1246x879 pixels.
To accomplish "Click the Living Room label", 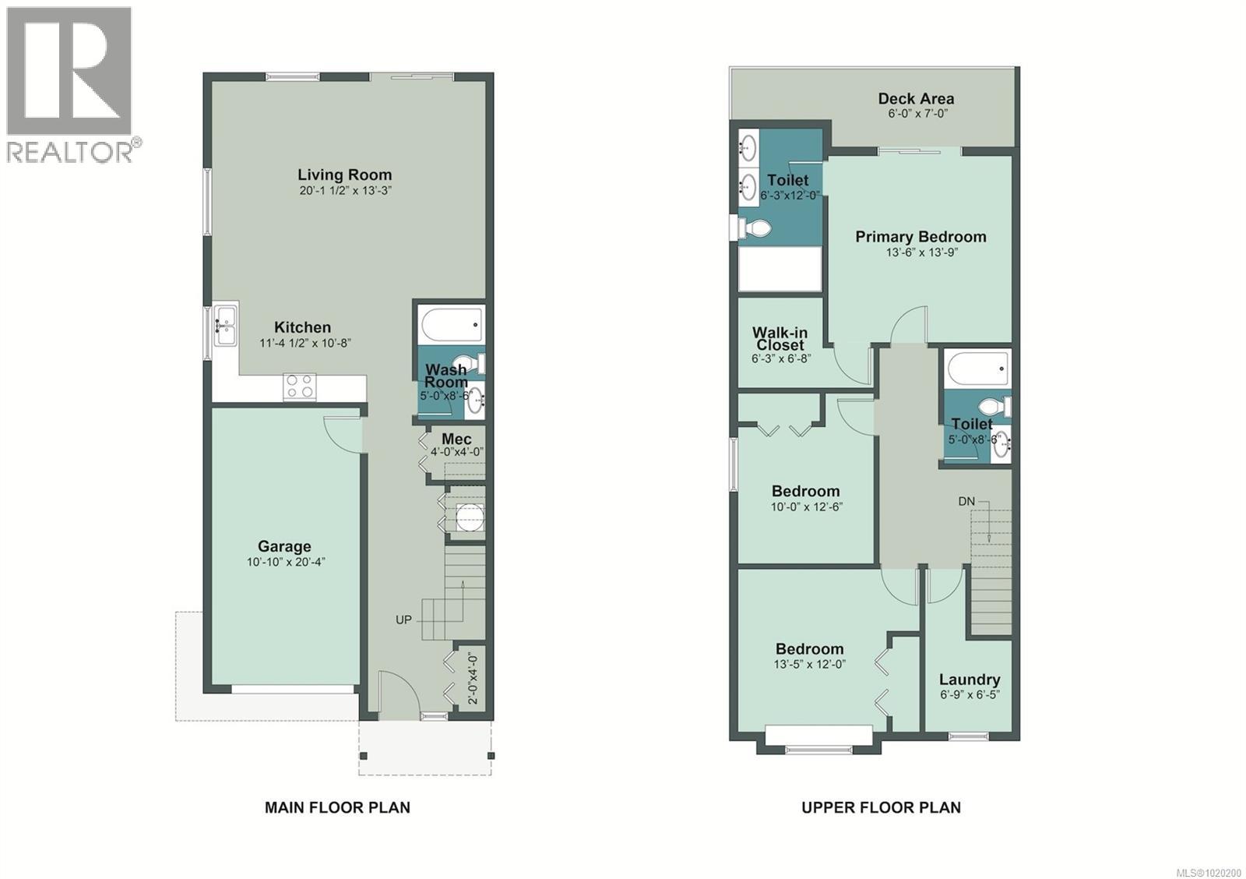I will click(344, 175).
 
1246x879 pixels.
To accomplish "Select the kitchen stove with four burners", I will click(300, 387).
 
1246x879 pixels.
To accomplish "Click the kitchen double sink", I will click(226, 327).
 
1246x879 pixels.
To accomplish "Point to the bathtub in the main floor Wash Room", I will click(451, 324).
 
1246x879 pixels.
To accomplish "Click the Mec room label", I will click(456, 439).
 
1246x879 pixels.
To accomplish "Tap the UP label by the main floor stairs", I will click(403, 620).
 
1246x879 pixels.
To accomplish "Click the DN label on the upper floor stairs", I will click(966, 501).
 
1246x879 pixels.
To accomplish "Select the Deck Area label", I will click(916, 99).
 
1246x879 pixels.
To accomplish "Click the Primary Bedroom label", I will click(920, 237).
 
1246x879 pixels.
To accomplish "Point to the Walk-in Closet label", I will click(780, 339).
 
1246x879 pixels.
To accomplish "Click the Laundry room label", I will click(970, 680).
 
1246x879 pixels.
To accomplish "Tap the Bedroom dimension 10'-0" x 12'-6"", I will click(807, 507).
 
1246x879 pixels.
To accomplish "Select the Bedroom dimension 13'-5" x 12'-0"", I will click(809, 665).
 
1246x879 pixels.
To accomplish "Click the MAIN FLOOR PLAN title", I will click(337, 807).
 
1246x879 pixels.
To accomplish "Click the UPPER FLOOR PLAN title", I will click(881, 807).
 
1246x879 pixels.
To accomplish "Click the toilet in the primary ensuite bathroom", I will click(753, 228).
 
